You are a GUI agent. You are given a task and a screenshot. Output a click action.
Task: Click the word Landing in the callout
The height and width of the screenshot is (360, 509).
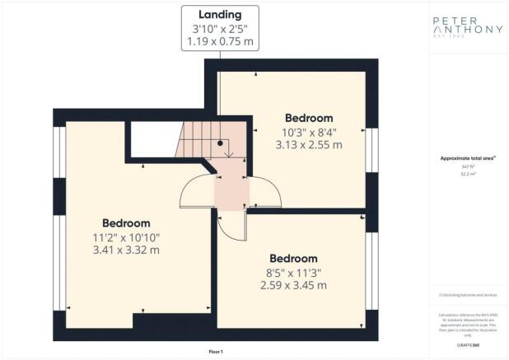click(219, 14)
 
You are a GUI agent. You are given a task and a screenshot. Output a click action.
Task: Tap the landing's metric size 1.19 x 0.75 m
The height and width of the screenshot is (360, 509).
click(219, 41)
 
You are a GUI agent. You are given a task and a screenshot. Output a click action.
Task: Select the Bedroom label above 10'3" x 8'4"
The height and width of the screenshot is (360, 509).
click(309, 117)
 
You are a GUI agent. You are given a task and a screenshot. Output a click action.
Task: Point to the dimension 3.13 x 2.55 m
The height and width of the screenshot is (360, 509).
click(309, 144)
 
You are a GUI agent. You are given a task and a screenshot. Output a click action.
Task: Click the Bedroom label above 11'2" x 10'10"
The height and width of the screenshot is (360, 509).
click(126, 223)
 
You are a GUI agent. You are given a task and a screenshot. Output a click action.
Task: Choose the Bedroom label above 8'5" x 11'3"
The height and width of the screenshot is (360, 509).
click(292, 258)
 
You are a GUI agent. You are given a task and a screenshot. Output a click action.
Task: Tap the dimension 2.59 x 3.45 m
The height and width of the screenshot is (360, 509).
click(292, 285)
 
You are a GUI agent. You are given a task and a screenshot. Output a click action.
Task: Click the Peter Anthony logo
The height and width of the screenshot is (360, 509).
click(467, 28)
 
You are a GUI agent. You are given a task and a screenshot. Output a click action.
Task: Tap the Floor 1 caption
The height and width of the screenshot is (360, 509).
click(216, 352)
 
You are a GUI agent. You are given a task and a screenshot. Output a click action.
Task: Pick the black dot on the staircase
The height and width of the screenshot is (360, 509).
click(220, 143)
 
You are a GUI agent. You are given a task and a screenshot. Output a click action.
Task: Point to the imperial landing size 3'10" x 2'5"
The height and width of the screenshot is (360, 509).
click(219, 28)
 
